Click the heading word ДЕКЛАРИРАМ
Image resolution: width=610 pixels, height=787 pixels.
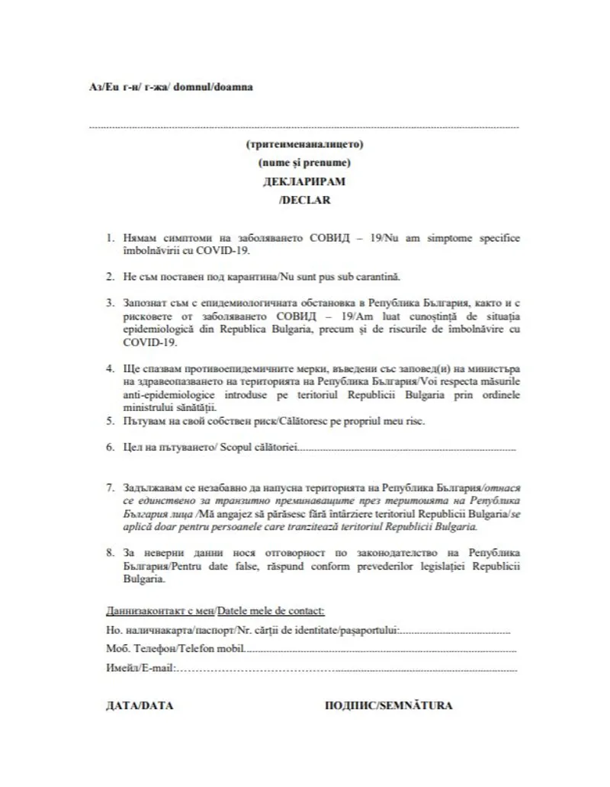(303, 182)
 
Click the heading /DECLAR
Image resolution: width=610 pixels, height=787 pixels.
(303, 201)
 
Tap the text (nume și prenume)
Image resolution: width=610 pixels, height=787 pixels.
(303, 162)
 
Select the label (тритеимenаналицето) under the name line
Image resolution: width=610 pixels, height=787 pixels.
(303, 144)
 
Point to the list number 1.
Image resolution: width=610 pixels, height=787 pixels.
(111, 239)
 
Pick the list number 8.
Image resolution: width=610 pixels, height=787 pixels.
(111, 550)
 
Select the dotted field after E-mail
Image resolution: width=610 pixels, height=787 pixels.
(347, 669)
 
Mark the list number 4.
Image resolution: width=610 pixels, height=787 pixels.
(111, 368)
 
